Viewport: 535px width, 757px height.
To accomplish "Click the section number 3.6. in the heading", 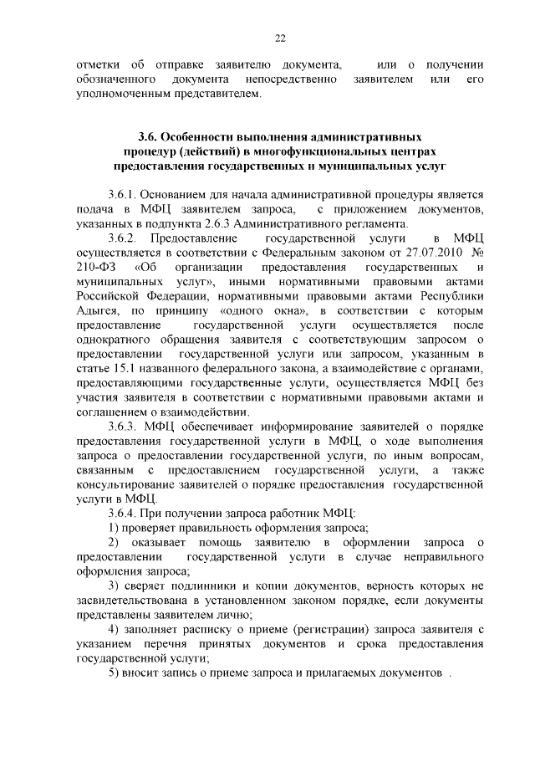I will [x=147, y=136].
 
